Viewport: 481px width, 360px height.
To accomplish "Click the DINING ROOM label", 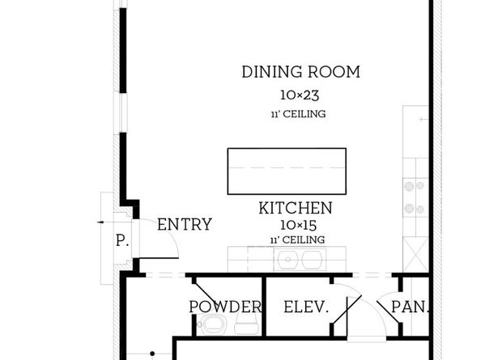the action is click(301, 72).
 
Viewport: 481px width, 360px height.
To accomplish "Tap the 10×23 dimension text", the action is click(300, 95).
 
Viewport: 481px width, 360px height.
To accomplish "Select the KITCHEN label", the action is click(296, 208).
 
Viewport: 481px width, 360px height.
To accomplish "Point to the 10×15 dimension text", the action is click(298, 225).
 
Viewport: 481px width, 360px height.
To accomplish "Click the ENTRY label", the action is click(185, 224).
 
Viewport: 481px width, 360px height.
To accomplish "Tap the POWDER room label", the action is click(225, 307).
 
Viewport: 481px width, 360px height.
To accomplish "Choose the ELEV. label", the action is click(306, 307).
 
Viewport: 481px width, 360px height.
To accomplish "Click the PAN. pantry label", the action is click(410, 307).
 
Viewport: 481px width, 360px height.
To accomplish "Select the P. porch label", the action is click(122, 240).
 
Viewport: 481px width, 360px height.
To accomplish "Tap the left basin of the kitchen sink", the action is click(287, 260).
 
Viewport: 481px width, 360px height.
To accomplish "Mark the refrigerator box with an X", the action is click(415, 254).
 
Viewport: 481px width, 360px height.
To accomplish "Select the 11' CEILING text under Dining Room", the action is click(299, 114).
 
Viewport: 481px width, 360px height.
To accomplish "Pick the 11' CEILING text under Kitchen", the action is click(297, 239).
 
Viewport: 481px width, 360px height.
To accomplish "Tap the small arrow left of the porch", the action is click(100, 222).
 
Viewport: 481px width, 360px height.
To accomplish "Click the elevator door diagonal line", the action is click(347, 310).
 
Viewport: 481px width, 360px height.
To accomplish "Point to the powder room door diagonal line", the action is click(206, 295).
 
